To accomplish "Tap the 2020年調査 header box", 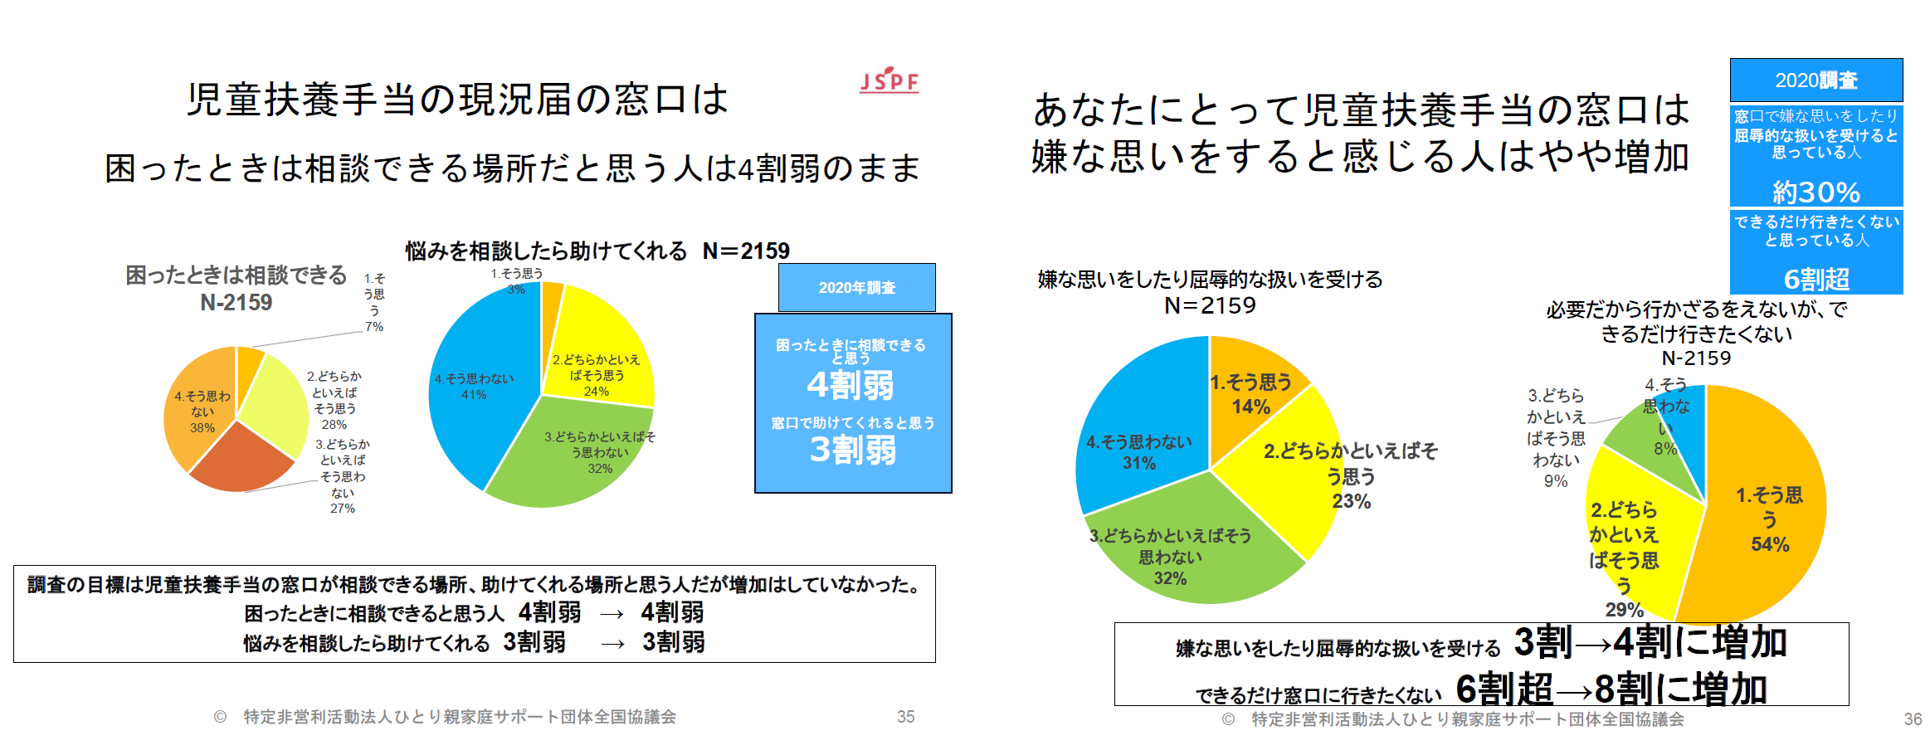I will coord(856,288).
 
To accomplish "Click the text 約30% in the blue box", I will coord(1815,192).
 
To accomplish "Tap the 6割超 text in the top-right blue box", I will coord(1815,280).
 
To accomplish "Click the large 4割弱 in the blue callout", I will coord(850,385).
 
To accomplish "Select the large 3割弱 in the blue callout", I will coord(852,450).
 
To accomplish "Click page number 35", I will coord(905,717).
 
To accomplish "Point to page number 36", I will coord(1913,719).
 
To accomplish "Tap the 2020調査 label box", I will coord(1815,80).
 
